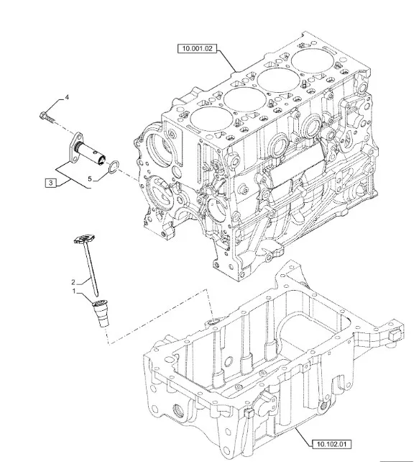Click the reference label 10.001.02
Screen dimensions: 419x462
pyautogui.click(x=197, y=48)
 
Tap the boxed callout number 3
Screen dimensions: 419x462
pyautogui.click(x=51, y=183)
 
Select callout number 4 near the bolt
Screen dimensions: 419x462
pyautogui.click(x=67, y=97)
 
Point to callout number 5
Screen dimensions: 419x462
pyautogui.click(x=90, y=179)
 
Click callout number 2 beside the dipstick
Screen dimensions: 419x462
pyautogui.click(x=73, y=282)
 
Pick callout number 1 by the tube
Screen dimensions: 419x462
pyautogui.click(x=75, y=291)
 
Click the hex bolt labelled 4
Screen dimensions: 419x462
pyautogui.click(x=47, y=117)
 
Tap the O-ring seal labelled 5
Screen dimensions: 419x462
pyautogui.click(x=114, y=166)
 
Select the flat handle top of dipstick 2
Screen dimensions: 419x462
pyautogui.click(x=85, y=238)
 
